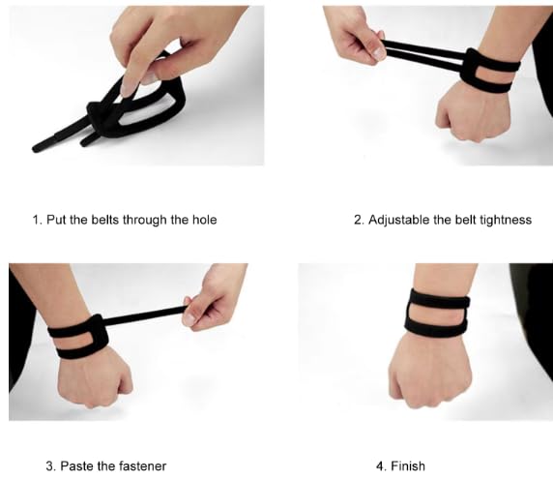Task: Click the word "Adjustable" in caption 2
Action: point(399,220)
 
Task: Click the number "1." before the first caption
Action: point(37,220)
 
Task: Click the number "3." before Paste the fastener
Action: point(49,466)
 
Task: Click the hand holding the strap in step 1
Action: point(160,44)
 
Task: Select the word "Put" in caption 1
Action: point(54,220)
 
